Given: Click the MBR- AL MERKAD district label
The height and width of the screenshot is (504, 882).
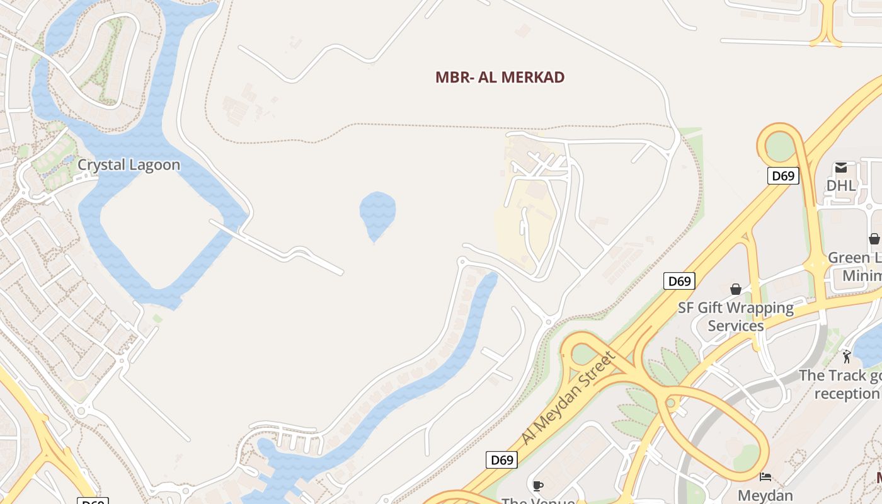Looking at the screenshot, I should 500,77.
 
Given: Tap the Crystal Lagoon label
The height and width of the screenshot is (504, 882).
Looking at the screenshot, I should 129,165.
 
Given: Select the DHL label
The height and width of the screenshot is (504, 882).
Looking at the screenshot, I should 841,185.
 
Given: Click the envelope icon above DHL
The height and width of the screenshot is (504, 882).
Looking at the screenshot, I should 841,168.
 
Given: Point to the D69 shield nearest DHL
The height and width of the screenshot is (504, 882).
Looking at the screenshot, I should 783,176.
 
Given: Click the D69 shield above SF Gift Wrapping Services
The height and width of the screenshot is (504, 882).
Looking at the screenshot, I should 679,281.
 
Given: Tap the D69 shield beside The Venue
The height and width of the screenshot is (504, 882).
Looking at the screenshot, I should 502,460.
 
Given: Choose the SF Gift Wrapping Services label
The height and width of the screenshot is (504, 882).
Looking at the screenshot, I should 735,317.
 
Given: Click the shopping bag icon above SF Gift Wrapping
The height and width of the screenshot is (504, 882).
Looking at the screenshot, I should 735,289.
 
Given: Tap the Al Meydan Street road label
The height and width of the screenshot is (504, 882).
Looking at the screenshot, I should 568,398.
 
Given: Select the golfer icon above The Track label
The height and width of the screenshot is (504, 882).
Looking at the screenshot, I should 846,357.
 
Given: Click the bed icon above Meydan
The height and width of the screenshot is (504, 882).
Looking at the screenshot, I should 765,476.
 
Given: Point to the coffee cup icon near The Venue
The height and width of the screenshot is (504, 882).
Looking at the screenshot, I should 537,485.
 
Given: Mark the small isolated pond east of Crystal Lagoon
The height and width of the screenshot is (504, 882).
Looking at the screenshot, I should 377,214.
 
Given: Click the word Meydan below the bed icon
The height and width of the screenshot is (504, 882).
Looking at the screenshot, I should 765,495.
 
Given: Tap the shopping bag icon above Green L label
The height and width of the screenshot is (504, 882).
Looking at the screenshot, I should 874,239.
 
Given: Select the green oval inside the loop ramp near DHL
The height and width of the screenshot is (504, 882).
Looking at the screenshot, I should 780,147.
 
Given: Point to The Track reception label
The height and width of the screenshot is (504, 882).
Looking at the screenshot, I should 840,384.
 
